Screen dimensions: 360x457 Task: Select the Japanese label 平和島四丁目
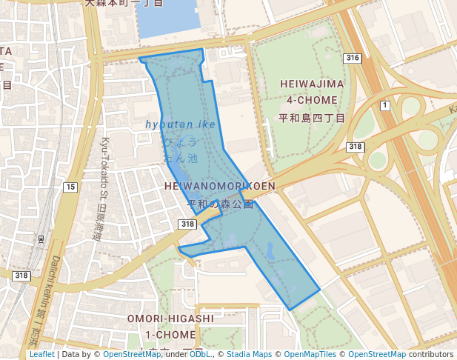(312, 118)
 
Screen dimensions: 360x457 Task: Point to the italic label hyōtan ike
(181, 124)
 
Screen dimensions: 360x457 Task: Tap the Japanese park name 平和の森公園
(220, 204)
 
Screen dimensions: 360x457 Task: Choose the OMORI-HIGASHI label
(170, 319)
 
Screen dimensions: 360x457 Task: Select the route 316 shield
(353, 58)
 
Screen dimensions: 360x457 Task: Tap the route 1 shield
(384, 106)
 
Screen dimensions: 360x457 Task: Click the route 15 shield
(70, 187)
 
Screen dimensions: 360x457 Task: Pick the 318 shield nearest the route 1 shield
(356, 147)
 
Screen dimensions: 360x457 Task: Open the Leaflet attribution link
(42, 354)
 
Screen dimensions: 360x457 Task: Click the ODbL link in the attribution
(199, 354)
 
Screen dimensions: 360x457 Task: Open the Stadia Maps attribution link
(249, 354)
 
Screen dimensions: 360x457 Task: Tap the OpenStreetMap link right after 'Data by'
(132, 354)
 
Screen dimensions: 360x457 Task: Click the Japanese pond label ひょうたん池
(181, 149)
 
